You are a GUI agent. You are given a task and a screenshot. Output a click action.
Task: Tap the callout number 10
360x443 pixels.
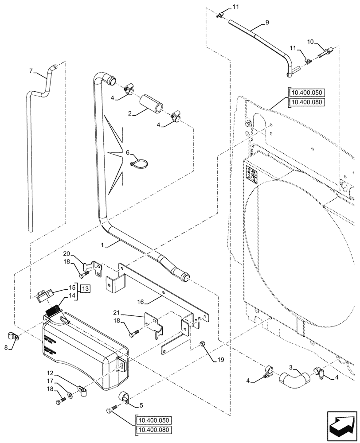pos(310,42)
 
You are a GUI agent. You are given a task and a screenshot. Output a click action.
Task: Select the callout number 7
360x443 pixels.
pos(31,70)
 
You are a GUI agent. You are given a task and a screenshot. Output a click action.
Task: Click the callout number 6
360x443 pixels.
pos(128,152)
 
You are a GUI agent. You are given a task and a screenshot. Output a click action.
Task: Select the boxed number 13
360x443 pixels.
pos(85,288)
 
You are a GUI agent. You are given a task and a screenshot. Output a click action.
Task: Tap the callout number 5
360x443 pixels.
pos(141,404)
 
